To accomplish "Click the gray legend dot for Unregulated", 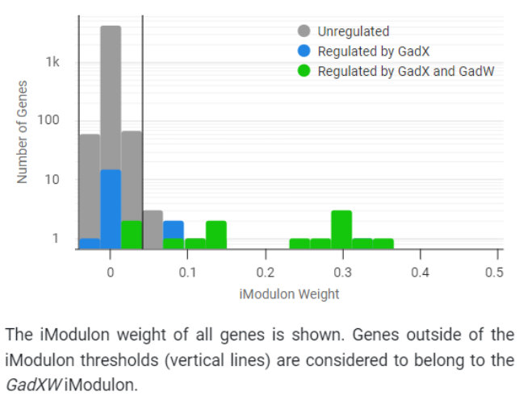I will (304, 31).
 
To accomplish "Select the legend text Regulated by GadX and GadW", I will (405, 71).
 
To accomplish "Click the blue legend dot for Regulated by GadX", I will (304, 51).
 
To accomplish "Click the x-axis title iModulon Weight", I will (289, 294).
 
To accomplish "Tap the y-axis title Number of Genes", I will (23, 131).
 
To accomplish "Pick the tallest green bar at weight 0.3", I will (341, 229).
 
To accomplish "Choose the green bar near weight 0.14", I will (216, 234).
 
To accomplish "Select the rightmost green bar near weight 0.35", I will (383, 243).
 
